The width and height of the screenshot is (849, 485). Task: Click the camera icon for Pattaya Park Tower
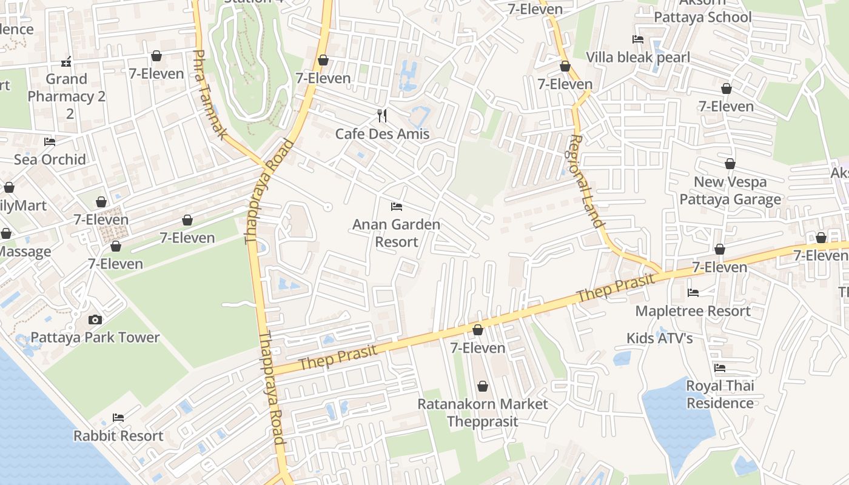(95, 319)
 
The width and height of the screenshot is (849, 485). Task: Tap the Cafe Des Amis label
(382, 134)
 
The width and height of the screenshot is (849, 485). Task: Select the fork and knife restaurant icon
(382, 115)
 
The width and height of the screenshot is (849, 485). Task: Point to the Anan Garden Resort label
(396, 233)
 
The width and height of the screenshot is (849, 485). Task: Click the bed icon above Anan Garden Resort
(397, 207)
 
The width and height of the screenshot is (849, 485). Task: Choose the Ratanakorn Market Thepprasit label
(483, 412)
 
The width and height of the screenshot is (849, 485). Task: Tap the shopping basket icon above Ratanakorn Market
(483, 386)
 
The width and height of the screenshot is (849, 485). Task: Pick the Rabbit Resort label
(118, 436)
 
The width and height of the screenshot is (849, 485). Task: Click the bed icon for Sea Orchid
(50, 142)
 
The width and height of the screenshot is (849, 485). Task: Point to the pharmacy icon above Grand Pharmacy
(67, 62)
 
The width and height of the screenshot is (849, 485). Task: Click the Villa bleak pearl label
(638, 58)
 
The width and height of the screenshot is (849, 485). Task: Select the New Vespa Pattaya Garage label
(730, 190)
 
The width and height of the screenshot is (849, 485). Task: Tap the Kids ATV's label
(660, 338)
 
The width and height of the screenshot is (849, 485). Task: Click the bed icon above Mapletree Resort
(693, 293)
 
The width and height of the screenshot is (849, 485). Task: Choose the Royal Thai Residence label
(720, 394)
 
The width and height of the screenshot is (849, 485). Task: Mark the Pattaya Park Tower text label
(95, 338)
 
